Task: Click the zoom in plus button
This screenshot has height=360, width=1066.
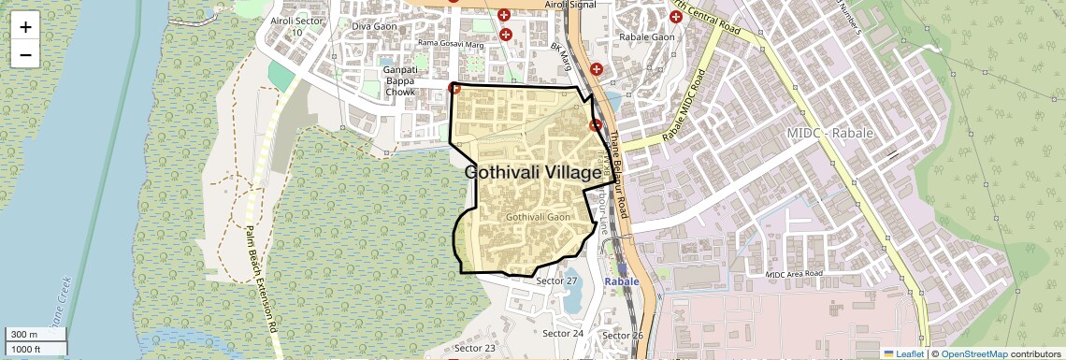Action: click(25, 27)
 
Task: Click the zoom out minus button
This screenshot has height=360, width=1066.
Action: click(25, 54)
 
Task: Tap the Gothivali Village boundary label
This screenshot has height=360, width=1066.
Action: click(533, 173)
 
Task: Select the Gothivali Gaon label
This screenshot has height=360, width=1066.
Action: click(538, 217)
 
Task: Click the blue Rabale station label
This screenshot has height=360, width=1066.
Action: click(622, 281)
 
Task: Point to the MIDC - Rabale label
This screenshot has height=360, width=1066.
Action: click(830, 134)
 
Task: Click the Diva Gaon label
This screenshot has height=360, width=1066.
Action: click(374, 26)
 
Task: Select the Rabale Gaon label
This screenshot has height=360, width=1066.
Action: click(647, 37)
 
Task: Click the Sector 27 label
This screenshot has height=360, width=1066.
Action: click(558, 281)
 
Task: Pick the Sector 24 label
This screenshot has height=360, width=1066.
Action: click(563, 333)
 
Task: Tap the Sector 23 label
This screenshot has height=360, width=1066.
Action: click(476, 348)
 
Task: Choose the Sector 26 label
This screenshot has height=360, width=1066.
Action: click(623, 336)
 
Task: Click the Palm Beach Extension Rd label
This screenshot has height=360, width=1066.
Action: click(262, 280)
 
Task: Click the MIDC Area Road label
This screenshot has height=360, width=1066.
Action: click(793, 274)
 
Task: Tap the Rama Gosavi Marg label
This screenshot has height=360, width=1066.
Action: click(450, 43)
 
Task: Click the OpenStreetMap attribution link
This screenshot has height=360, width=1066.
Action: click(973, 353)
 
